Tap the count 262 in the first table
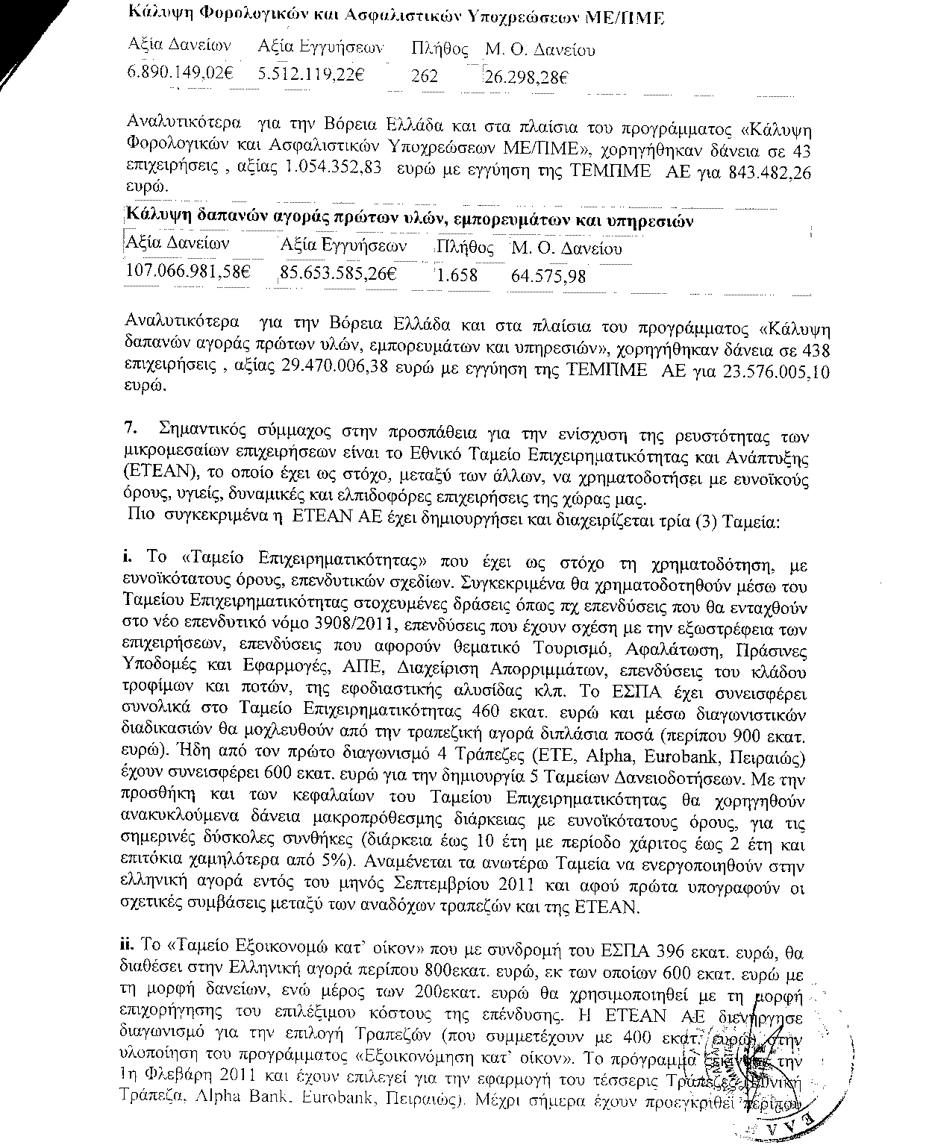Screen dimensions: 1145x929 (425, 76)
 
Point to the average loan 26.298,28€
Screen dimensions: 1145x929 (526, 77)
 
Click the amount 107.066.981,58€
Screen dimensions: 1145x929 (187, 272)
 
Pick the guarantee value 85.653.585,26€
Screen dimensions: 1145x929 (337, 274)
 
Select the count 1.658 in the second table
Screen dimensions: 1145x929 (457, 275)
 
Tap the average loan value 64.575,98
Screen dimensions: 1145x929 (548, 276)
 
